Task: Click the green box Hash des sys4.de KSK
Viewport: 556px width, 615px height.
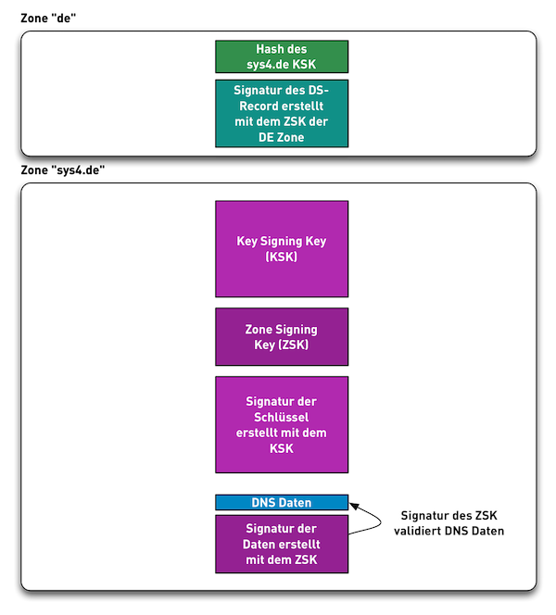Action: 282,56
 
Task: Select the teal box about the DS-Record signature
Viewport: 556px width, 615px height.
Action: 282,113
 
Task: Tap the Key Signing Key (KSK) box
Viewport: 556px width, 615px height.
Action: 282,248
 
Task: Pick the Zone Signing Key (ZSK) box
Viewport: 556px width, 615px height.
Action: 282,337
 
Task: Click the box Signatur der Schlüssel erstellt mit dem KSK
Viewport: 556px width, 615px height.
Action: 282,424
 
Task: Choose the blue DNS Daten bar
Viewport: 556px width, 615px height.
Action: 282,503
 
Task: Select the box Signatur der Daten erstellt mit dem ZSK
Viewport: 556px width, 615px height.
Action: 282,544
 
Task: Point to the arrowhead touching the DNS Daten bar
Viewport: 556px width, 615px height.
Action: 354,506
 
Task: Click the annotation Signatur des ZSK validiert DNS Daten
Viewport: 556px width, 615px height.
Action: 451,523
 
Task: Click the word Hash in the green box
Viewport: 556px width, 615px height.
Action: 268,49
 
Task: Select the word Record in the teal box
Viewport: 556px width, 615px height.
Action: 256,106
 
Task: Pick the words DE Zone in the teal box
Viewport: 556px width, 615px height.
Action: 282,137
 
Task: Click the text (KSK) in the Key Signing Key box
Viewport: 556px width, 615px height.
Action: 282,257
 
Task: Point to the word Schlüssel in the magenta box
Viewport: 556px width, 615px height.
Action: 282,417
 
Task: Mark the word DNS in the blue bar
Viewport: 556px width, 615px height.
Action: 264,503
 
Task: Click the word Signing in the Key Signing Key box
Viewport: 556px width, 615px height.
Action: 283,241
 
